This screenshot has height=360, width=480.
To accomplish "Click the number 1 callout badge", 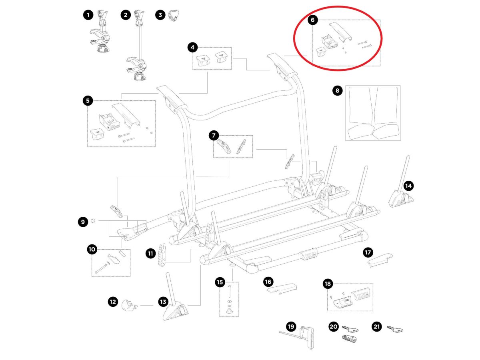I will click(x=88, y=15).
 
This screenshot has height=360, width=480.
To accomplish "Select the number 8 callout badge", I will click(x=337, y=91).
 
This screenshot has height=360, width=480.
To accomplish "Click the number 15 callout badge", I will click(x=220, y=282).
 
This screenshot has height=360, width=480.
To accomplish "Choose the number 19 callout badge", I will click(x=291, y=327).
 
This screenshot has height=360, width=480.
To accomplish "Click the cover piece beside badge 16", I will click(x=281, y=288).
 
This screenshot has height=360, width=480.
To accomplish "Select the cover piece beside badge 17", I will click(x=380, y=261).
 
